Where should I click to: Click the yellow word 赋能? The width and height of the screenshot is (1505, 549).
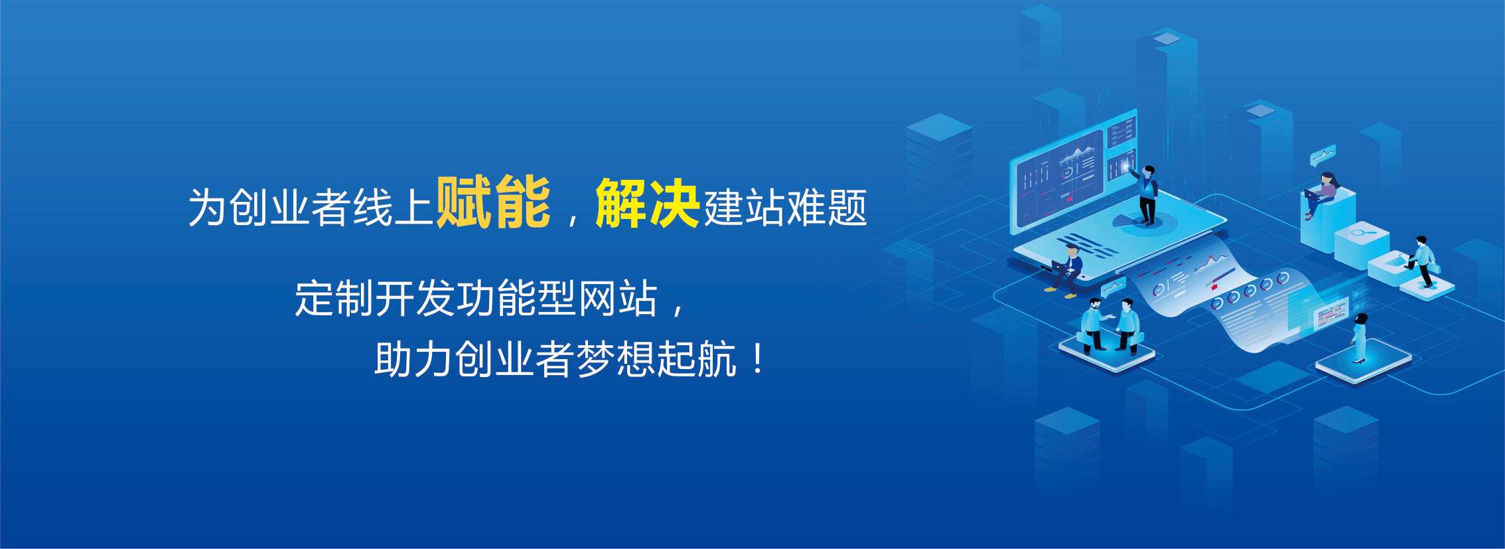pyautogui.click(x=493, y=202)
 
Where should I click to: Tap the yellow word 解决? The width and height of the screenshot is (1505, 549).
pyautogui.click(x=648, y=202)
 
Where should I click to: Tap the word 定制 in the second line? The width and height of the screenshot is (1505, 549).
pyautogui.click(x=334, y=299)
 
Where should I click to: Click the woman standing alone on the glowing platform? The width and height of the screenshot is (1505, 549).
pyautogui.click(x=1359, y=339)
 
